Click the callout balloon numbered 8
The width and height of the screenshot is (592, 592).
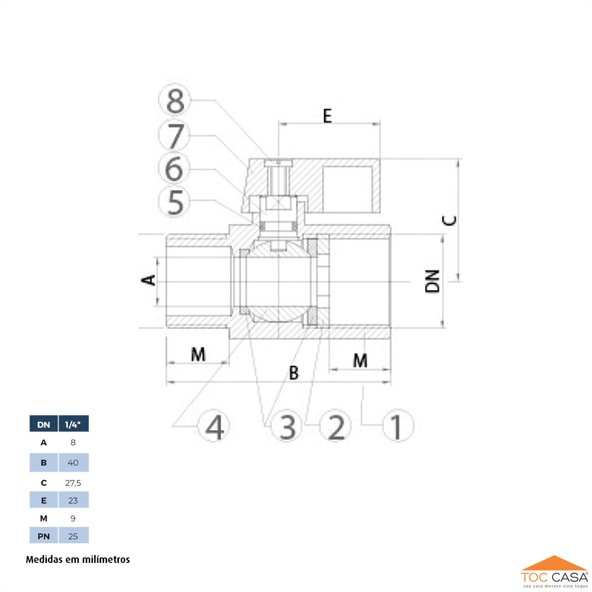point(175,100)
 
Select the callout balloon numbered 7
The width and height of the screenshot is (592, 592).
point(174,135)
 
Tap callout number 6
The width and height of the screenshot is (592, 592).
point(174,168)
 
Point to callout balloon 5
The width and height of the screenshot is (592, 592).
point(174,202)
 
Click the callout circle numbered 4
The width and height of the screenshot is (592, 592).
point(214,426)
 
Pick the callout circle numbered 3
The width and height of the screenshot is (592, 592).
point(287,426)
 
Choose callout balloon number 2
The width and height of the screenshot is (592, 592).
point(335,426)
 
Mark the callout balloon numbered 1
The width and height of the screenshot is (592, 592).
point(398,426)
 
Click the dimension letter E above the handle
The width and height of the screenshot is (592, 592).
point(328,116)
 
